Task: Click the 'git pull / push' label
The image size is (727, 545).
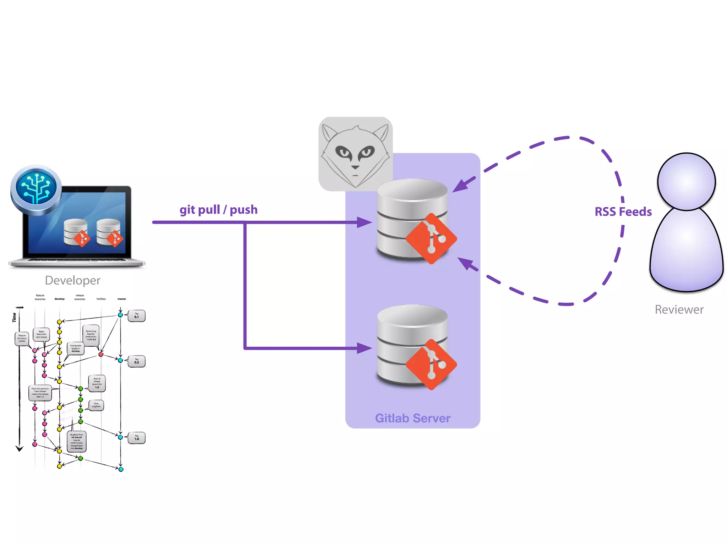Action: click(218, 210)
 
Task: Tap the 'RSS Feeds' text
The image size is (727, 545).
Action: click(623, 212)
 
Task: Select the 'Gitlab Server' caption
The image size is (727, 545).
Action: click(412, 418)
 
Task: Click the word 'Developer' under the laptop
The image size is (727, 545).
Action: click(73, 280)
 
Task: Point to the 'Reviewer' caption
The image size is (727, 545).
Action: click(679, 309)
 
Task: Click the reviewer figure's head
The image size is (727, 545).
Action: click(686, 182)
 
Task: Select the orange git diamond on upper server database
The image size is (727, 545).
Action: click(431, 238)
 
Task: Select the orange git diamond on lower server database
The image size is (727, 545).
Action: click(431, 364)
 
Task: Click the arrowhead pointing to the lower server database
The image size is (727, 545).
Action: click(364, 348)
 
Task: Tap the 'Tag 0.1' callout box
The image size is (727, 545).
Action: click(137, 316)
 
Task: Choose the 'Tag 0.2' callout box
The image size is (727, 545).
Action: click(137, 361)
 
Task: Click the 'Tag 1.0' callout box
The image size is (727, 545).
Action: click(137, 438)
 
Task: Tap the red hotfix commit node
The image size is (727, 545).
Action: click(101, 354)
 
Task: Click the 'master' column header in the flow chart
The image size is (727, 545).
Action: click(122, 299)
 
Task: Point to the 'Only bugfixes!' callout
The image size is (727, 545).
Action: click(96, 405)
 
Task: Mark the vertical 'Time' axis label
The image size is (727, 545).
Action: click(15, 317)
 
